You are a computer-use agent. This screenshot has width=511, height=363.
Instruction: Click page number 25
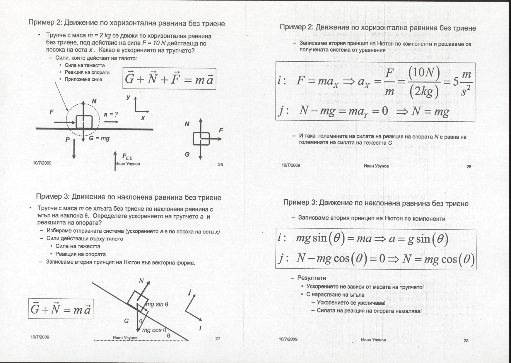pos(221,165)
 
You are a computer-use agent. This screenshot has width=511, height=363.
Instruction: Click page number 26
pos(469,167)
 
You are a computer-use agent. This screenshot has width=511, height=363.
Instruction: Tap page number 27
pos(218,338)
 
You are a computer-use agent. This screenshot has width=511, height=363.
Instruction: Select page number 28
pos(466,340)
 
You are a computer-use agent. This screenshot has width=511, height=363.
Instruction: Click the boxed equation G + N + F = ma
pos(169,79)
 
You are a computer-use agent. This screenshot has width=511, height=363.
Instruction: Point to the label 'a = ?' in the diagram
pos(111,114)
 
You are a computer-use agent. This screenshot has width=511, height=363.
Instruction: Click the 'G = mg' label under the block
pos(99,138)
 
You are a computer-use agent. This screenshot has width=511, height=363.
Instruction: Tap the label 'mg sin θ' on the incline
pos(157,304)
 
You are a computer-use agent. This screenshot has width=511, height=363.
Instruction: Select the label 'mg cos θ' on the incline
pos(154,330)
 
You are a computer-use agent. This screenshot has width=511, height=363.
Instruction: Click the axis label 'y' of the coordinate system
pos(128,98)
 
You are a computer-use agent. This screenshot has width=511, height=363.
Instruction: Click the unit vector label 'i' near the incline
pos(200,328)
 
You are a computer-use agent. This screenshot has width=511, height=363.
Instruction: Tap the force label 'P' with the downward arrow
pos(68,140)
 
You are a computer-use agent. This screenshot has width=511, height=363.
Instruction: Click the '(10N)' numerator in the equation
pos(424,72)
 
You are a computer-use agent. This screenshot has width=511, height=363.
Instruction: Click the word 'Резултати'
pos(312,278)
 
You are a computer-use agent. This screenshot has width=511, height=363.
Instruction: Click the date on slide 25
pos(42,163)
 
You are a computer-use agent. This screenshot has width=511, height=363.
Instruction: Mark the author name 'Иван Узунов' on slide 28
pos(373,340)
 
